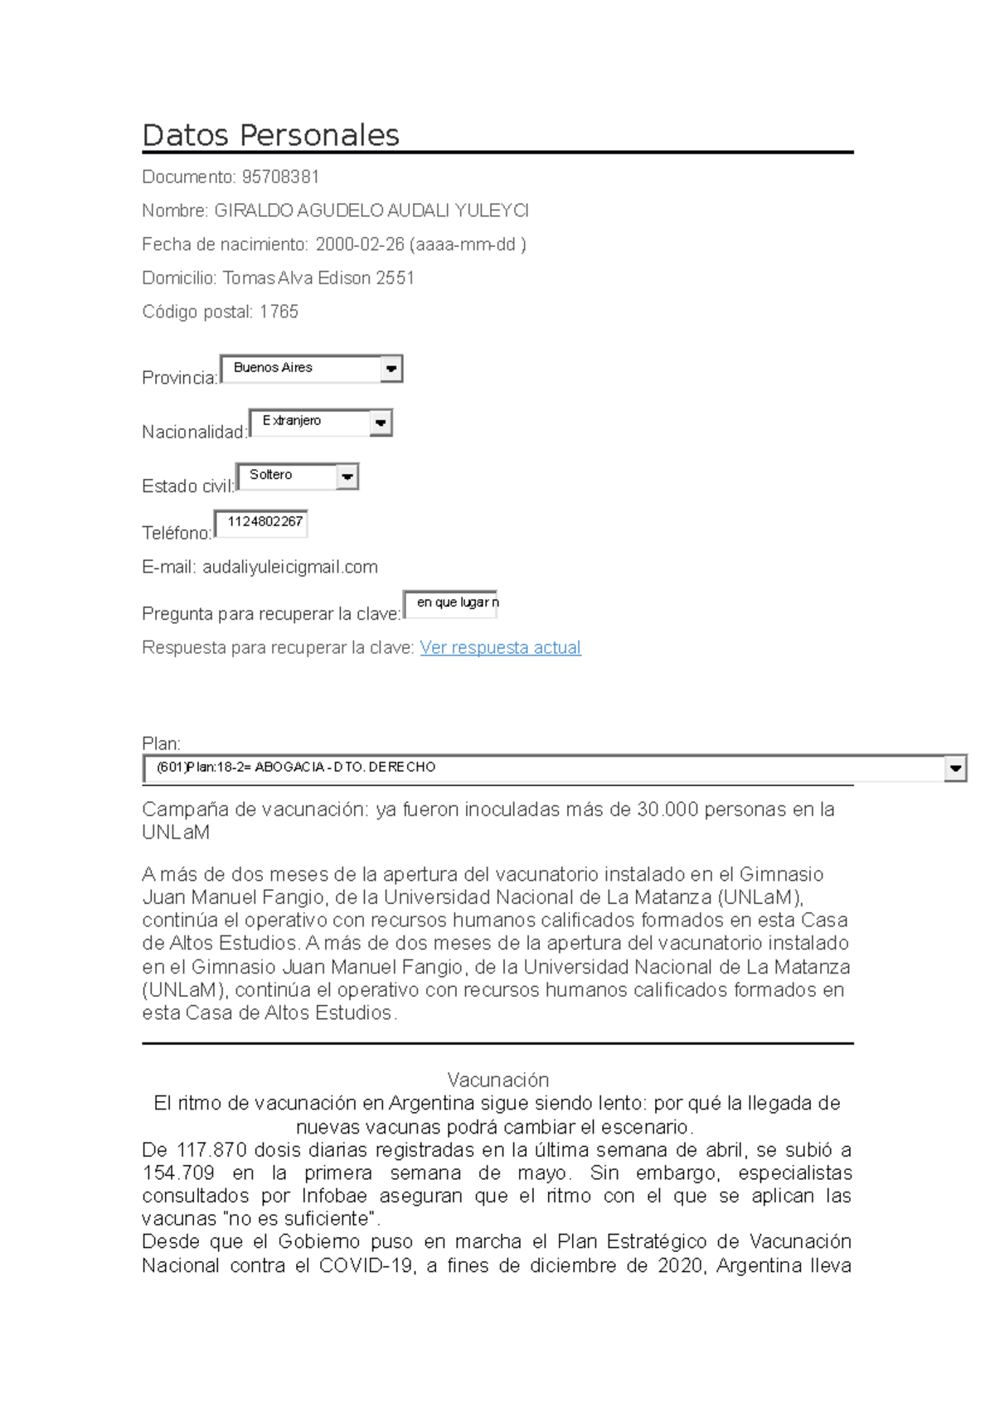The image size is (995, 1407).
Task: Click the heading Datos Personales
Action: point(270,135)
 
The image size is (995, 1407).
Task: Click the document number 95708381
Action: point(280,176)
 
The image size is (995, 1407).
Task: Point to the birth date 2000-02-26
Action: point(360,244)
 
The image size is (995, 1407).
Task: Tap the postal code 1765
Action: point(279,312)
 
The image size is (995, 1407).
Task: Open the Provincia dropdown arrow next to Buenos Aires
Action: point(391,369)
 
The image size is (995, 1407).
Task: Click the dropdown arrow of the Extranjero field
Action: point(380,423)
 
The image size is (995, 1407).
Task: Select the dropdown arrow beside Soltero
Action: point(347,476)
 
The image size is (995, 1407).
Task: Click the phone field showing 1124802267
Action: point(262,523)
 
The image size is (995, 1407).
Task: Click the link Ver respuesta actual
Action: point(500,647)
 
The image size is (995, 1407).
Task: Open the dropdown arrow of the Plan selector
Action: point(955,768)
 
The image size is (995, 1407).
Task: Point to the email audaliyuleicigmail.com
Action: point(290,567)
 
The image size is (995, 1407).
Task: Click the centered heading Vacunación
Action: point(498,1079)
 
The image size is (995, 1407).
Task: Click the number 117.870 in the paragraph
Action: point(211,1150)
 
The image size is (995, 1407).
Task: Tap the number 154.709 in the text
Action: point(178,1172)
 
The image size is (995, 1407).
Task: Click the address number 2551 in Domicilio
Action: point(395,278)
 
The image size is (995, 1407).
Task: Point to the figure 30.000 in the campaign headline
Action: point(667,810)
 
